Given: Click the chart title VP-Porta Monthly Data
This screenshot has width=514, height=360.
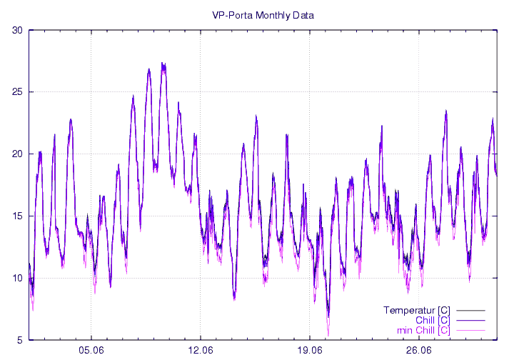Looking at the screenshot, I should pyautogui.click(x=263, y=14).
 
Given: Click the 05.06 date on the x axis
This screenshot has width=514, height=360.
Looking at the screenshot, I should pyautogui.click(x=91, y=350).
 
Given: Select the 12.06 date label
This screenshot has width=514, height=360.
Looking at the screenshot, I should pyautogui.click(x=201, y=350).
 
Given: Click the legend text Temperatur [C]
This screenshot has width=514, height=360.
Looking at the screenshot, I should pyautogui.click(x=416, y=310).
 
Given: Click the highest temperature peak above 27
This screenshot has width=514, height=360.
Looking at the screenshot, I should pyautogui.click(x=163, y=64).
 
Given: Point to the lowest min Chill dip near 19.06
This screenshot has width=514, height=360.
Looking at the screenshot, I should pyautogui.click(x=328, y=333).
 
